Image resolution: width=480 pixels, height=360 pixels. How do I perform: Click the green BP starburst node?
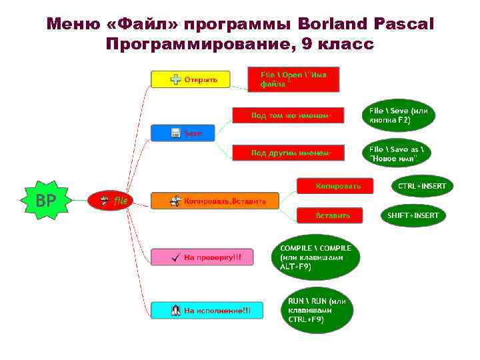[x=45, y=200]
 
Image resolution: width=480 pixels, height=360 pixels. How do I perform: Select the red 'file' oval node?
[x=111, y=200]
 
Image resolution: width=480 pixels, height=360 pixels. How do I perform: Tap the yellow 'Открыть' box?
[x=191, y=79]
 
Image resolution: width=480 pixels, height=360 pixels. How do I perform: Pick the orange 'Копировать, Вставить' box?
[x=215, y=201]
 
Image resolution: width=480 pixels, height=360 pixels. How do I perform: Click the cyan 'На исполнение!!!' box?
[x=207, y=310]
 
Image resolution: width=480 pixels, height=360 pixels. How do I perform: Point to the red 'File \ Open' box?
[x=293, y=79]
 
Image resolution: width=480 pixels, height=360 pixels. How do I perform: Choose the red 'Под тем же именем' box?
[x=287, y=115]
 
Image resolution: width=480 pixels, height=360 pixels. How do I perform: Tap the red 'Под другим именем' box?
[x=287, y=153]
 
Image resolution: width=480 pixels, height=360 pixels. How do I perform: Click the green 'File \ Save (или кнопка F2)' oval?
[x=399, y=116]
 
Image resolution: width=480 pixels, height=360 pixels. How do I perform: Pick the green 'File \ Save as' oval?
[x=399, y=154]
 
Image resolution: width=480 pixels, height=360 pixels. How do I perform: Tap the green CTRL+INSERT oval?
[x=421, y=186]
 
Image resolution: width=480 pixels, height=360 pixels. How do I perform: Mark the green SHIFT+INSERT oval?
[x=413, y=215]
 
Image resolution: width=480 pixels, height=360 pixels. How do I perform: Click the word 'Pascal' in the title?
[x=402, y=25]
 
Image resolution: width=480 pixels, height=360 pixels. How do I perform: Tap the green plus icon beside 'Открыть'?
[x=175, y=79]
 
